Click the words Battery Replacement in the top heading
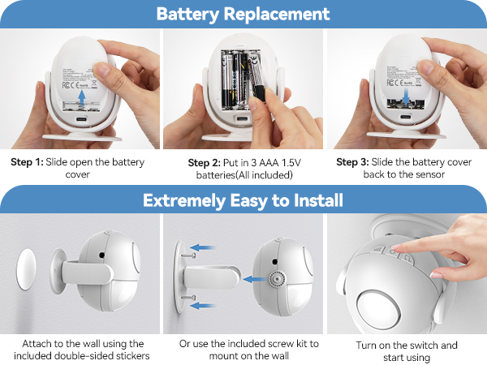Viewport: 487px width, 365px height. (x=243, y=14)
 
